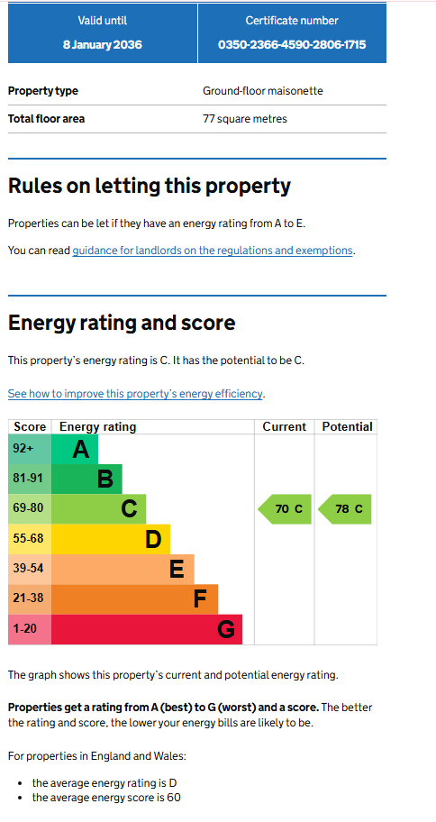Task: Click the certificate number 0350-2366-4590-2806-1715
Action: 292,44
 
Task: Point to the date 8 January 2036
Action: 102,44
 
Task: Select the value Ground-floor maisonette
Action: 263,91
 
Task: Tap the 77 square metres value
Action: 245,119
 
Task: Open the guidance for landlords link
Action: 213,251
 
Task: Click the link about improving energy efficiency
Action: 135,394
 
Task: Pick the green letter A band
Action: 75,449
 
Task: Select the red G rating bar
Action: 147,630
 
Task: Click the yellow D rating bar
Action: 111,539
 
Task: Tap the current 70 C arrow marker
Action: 285,509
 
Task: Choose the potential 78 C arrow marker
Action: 344,509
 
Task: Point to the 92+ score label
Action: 23,449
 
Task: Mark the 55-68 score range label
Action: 28,538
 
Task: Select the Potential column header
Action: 347,426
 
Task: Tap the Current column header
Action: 285,426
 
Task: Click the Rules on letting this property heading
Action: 150,186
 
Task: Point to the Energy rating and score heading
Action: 122,323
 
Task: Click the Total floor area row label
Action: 46,119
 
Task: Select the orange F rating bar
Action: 135,599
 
